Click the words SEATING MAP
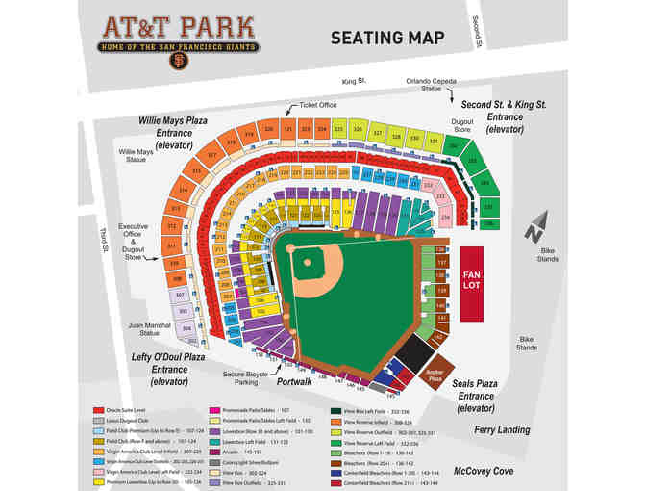tap(387, 38)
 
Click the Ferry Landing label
tap(501, 430)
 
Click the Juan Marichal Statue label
tap(148, 330)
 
